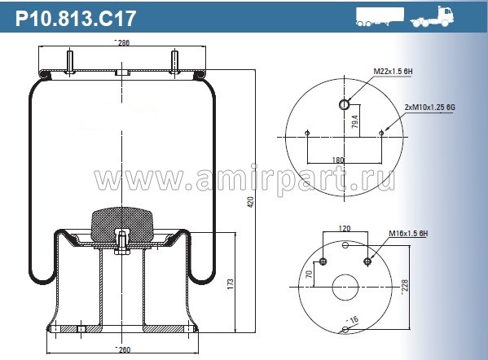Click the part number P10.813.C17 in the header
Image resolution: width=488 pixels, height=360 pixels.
(x=76, y=19)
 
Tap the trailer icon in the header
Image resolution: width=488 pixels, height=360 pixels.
(x=380, y=17)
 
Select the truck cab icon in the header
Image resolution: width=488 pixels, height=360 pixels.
(x=432, y=17)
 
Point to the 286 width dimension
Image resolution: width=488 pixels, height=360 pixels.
(x=123, y=42)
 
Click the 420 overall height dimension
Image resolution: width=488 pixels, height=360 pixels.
(x=251, y=203)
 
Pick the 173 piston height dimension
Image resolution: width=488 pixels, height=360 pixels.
(x=231, y=284)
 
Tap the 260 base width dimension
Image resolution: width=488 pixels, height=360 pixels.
(x=124, y=349)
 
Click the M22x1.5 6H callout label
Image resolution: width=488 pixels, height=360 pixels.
(x=393, y=71)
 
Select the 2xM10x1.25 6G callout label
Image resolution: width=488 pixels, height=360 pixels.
(x=430, y=108)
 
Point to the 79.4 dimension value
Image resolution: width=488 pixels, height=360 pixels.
(x=355, y=121)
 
